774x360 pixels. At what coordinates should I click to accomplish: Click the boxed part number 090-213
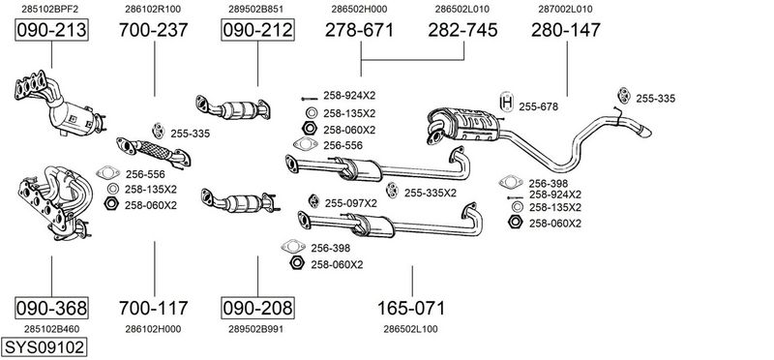point(51,30)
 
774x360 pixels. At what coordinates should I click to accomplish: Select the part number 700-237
point(154,30)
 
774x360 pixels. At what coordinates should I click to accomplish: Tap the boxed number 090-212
point(257,30)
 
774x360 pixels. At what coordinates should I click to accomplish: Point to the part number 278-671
point(359,30)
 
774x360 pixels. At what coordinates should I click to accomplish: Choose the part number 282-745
point(462,30)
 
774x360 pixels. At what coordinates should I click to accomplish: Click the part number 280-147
point(566,30)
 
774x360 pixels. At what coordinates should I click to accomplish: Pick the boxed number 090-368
point(51,308)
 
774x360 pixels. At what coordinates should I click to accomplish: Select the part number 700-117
point(154,308)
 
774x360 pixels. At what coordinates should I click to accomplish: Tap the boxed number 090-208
point(257,308)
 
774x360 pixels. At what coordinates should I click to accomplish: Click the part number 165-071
point(411,308)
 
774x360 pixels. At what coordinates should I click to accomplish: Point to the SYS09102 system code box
point(44,347)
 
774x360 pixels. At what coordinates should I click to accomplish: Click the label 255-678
point(539,106)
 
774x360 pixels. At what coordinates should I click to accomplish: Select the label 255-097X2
point(351,203)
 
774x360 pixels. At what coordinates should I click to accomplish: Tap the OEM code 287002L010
point(566,9)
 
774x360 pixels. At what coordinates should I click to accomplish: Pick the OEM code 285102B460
point(51,329)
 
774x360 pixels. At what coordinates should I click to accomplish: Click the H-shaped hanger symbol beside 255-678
point(506,103)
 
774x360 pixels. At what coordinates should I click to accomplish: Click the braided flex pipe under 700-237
point(153,150)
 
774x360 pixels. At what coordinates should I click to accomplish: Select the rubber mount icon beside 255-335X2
point(392,190)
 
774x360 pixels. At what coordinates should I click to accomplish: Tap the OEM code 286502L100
point(410,329)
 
